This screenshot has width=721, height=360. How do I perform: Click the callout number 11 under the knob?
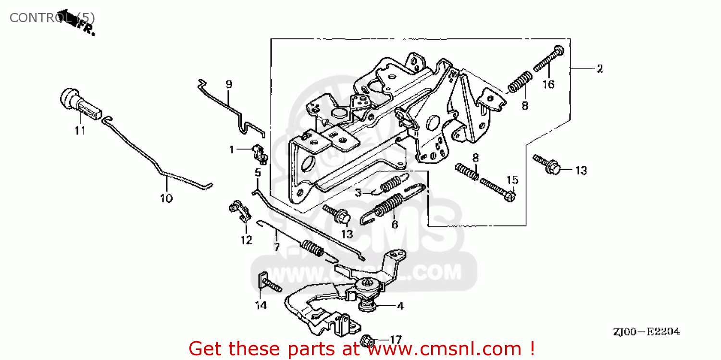80,130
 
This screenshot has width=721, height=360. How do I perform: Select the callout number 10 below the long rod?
166,198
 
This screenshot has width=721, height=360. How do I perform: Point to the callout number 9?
229,85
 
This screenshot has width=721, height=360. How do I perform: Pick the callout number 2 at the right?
599,69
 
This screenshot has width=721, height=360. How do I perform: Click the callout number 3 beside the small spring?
358,193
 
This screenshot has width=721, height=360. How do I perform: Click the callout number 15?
512,180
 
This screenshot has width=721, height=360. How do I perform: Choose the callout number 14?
261,306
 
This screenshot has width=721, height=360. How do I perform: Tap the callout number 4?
399,306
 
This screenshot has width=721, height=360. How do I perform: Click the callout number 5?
258,172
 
